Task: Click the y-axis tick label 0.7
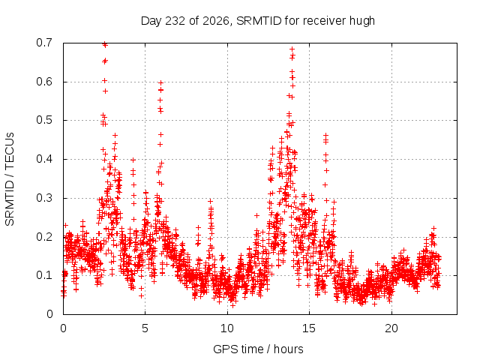pos(44,43)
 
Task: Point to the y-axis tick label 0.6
pos(44,82)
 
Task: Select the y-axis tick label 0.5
pos(44,120)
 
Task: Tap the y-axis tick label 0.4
pos(44,159)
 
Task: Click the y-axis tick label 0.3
pos(44,198)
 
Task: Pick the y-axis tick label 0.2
pos(44,237)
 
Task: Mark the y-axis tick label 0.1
pos(44,275)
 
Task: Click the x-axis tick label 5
pos(145,328)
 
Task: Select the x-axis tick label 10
pos(227,328)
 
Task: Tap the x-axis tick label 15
pos(309,328)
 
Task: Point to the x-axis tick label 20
pos(391,328)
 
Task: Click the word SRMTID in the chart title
pos(259,21)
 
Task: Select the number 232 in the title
pos(175,21)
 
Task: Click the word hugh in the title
pos(362,21)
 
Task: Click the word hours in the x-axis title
pos(289,349)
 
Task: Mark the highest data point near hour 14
pos(292,49)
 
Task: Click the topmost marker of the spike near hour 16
pos(326,135)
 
